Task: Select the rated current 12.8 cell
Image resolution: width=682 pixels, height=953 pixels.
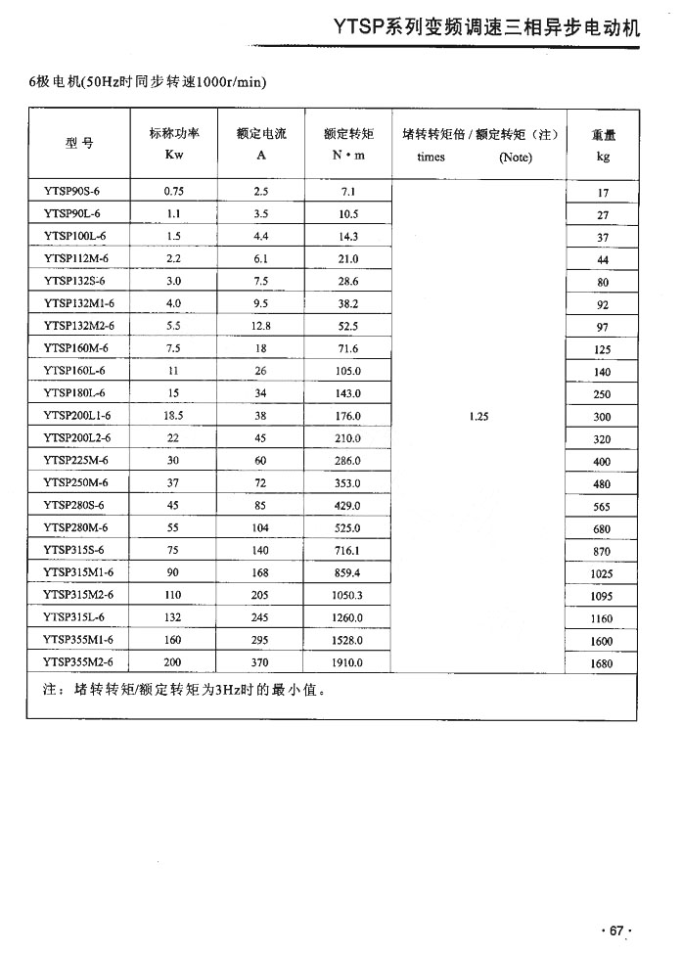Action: (x=260, y=326)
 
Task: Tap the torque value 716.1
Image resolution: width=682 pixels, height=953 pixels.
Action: (x=347, y=551)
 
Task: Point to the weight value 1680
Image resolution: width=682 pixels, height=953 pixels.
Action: (x=603, y=664)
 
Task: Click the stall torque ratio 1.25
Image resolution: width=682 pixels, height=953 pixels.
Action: (x=478, y=416)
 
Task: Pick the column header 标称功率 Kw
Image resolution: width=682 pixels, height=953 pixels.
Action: (x=174, y=144)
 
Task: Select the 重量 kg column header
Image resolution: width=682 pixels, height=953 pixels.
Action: (x=603, y=145)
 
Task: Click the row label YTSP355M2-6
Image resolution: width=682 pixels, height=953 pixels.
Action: (x=78, y=663)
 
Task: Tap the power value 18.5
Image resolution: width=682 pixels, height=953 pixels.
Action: (x=174, y=416)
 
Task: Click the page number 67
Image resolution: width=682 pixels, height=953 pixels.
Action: (x=616, y=930)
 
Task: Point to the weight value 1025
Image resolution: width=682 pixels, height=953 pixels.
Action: (x=603, y=574)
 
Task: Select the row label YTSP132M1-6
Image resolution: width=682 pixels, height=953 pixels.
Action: (x=78, y=303)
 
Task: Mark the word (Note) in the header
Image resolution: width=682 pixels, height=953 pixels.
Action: (x=515, y=157)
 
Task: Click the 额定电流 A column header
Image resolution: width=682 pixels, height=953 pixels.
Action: (x=261, y=144)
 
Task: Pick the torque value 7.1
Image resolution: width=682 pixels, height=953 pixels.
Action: (x=347, y=191)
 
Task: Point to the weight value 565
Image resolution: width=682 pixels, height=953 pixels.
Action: (x=603, y=507)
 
